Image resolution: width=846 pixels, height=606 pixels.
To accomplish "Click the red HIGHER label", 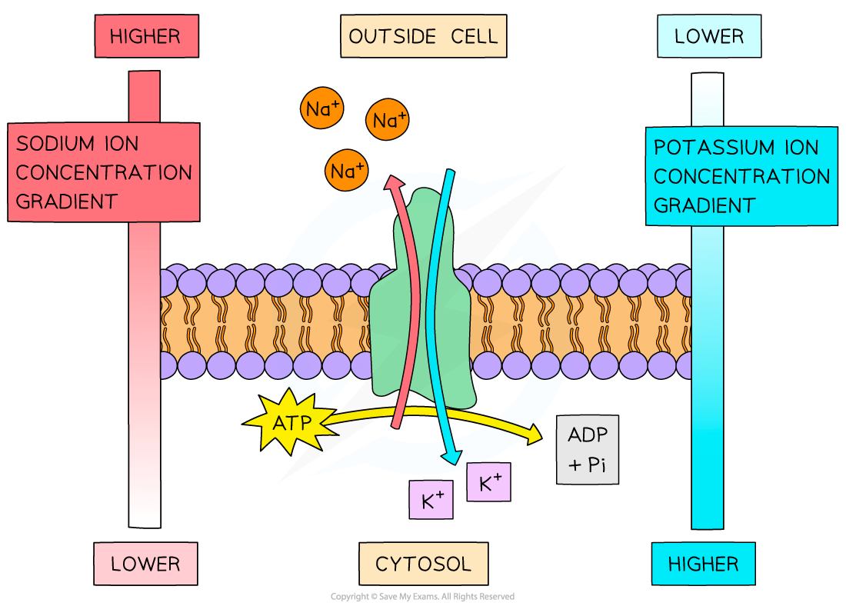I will pos(146,36).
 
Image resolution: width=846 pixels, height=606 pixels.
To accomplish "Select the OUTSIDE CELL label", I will pos(423,36).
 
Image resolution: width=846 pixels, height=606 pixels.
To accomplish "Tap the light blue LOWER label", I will pos(709,36).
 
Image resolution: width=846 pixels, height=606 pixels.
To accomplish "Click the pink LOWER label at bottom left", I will pos(145,564).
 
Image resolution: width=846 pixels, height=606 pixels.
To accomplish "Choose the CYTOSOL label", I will pos(423,564).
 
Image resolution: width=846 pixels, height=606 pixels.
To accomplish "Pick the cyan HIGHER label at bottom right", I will pos(703,564).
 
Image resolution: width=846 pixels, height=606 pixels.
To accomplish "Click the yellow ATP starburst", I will pos(290,421).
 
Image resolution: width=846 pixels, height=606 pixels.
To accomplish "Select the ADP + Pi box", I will pos(588,450).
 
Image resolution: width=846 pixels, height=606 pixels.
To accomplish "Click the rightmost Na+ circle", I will pos(388,120).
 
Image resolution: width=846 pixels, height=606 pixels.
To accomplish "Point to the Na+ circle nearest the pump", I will pos(348,171).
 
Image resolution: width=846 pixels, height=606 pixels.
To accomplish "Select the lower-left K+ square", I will pos(431,501).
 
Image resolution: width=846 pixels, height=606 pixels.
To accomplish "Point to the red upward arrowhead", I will pos(394,181).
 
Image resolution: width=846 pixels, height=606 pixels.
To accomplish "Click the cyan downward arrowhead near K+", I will pos(450,456).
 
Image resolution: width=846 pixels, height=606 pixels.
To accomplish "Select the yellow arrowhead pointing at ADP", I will pos(533,435).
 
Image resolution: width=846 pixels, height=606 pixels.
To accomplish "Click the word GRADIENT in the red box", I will pos(66,201).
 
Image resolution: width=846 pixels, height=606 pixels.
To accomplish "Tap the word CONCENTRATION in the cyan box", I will pos(741,176).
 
